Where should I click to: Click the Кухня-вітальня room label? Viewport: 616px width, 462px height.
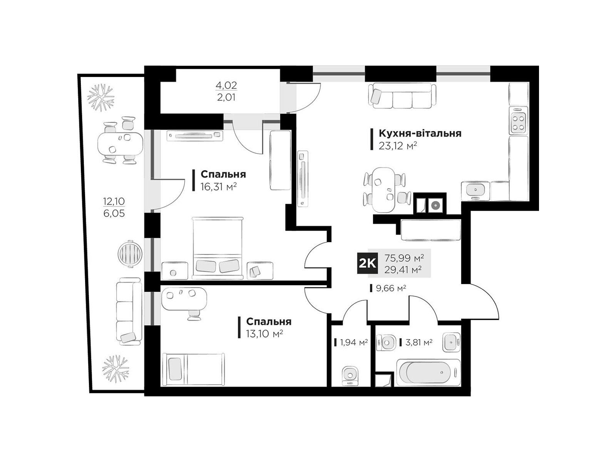pos(420,134)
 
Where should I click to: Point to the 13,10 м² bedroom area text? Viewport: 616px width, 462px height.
pos(264,334)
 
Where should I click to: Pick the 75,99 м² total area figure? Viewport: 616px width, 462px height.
pos(404,258)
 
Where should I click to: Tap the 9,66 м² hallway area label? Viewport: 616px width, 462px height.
pos(391,288)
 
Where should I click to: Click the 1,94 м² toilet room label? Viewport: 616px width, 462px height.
pos(353,342)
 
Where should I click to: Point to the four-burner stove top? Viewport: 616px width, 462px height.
pos(518,121)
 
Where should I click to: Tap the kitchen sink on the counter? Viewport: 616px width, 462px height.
pos(475,191)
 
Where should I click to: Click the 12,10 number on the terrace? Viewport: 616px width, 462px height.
pos(114,201)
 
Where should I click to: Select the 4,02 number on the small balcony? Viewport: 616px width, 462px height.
pos(226,85)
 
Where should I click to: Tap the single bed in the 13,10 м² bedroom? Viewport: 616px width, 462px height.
pos(194,370)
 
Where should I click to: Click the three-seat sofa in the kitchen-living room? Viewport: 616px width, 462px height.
pos(402,95)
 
